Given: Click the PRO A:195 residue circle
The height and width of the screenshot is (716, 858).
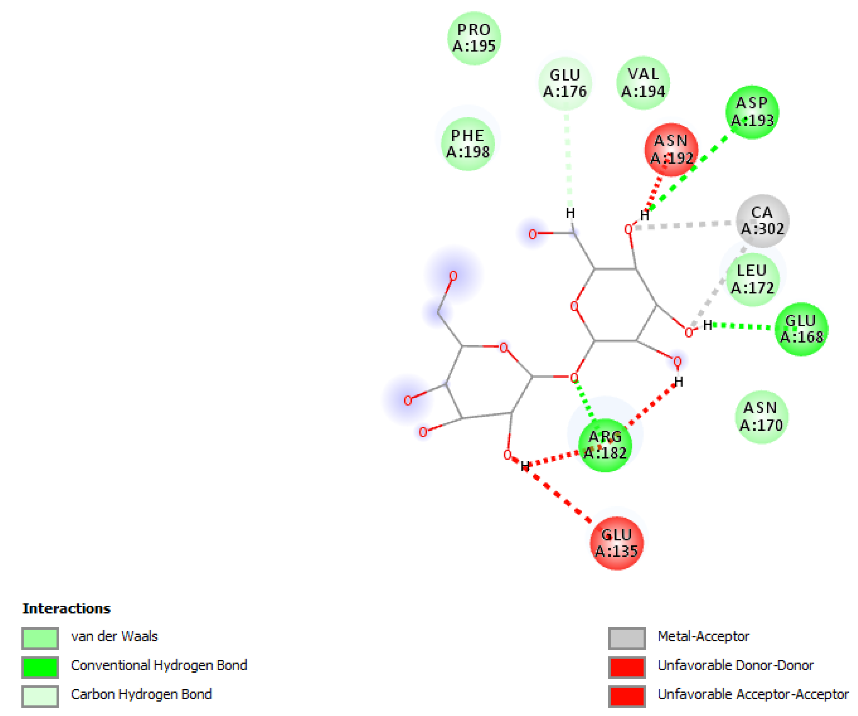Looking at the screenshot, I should (x=474, y=38).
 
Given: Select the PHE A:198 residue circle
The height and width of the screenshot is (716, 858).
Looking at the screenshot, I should (x=468, y=144).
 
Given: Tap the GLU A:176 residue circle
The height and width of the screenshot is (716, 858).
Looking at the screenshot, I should (x=565, y=83).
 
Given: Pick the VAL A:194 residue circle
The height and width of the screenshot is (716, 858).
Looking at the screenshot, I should (x=643, y=83).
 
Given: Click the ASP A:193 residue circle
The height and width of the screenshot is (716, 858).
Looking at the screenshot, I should (x=752, y=112).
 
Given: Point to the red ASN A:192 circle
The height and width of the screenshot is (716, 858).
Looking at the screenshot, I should (x=671, y=150).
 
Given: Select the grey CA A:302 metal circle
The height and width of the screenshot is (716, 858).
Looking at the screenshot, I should (x=763, y=220).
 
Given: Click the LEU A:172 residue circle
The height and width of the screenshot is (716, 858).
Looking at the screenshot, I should (x=752, y=279).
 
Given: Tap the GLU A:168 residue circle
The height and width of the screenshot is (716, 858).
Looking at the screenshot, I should (x=801, y=329).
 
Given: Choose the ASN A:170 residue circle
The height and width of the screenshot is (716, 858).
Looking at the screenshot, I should (x=761, y=417).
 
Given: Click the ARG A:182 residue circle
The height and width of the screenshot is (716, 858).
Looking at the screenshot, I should (x=605, y=445).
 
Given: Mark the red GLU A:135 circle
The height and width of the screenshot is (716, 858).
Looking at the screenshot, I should (x=617, y=543).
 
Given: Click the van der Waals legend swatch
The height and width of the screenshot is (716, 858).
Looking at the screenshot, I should (x=40, y=638).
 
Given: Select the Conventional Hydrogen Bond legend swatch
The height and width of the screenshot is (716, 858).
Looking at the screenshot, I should (x=40, y=667).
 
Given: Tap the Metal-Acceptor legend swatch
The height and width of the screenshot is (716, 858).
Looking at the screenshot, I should (x=627, y=638).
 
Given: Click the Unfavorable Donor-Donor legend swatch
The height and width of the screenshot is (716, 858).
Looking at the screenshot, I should (x=627, y=667).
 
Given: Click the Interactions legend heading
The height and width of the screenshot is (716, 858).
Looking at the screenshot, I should (x=66, y=608).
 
